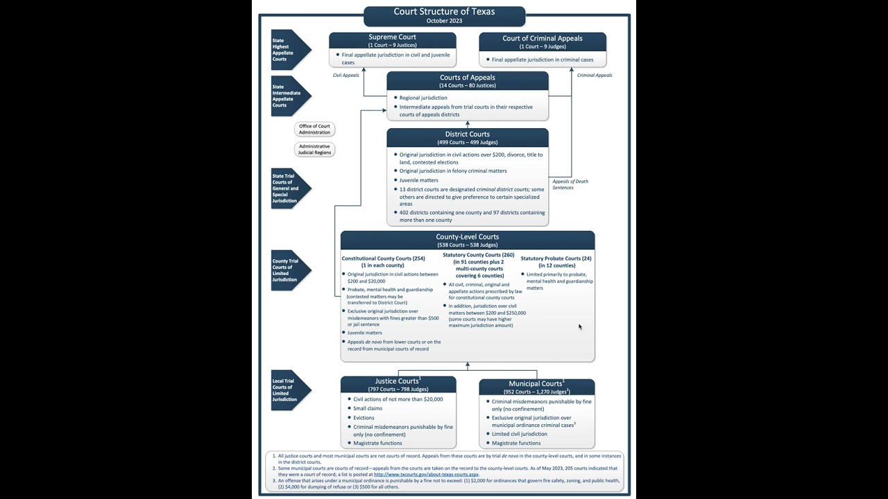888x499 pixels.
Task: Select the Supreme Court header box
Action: click(x=392, y=40)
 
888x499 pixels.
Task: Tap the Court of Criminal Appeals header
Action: click(x=542, y=41)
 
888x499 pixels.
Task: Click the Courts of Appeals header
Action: click(x=467, y=80)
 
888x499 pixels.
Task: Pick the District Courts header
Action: click(x=467, y=137)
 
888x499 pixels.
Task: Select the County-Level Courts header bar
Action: click(x=467, y=240)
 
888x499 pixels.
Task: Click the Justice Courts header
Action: click(x=398, y=384)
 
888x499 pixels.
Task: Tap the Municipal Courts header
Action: click(x=536, y=387)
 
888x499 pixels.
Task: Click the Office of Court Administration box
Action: click(x=314, y=129)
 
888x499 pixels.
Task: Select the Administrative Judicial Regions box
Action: click(x=314, y=149)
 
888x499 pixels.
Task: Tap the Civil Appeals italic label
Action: click(x=346, y=75)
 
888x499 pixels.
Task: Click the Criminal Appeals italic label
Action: click(x=595, y=75)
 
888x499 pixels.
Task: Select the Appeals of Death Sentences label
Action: click(x=570, y=184)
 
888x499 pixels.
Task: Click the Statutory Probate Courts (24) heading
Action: click(x=556, y=261)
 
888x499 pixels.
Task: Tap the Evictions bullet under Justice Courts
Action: click(x=364, y=418)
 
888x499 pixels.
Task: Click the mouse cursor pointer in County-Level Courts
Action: click(x=580, y=327)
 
